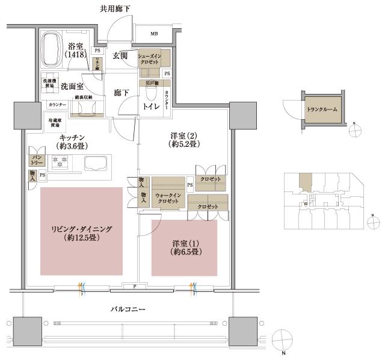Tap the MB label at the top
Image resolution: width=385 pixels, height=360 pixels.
[x=154, y=33]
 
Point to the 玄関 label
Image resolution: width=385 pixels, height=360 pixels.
[x=120, y=56]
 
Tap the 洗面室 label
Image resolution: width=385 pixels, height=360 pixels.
[x=72, y=86]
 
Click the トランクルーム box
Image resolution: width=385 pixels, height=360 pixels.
[x=321, y=110]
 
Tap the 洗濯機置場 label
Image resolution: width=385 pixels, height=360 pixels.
[x=49, y=82]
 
